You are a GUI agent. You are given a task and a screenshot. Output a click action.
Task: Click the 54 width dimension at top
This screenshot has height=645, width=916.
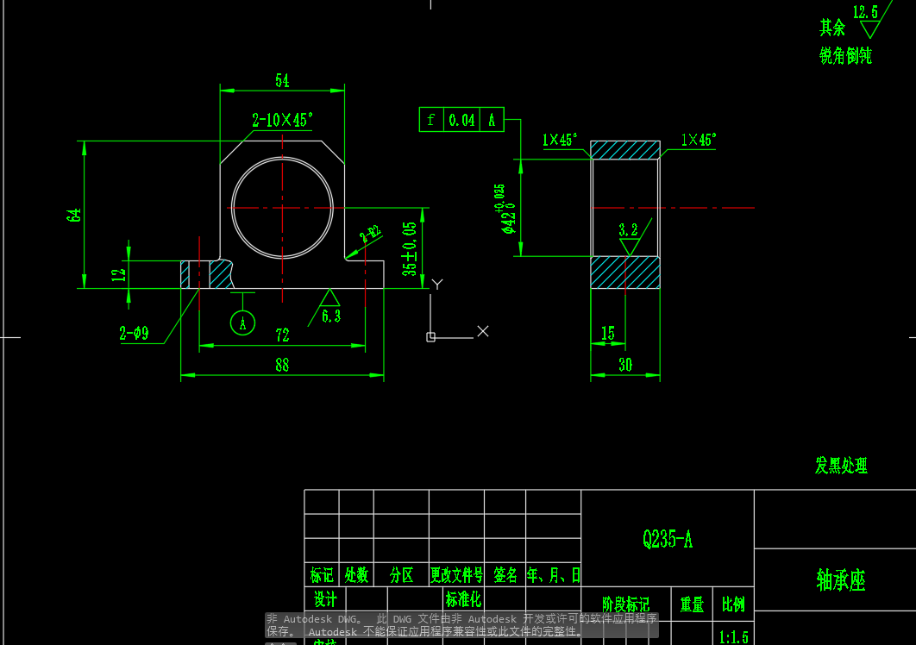(282, 81)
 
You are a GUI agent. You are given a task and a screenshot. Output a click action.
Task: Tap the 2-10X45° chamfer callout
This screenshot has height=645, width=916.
(282, 121)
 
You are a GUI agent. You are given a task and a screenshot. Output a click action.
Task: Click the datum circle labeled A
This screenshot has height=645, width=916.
(243, 323)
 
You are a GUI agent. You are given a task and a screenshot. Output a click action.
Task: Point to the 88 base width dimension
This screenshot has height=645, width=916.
(282, 366)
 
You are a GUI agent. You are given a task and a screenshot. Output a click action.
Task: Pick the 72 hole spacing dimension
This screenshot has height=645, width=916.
(282, 335)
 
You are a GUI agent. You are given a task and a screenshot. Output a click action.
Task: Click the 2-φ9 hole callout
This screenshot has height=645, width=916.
(134, 333)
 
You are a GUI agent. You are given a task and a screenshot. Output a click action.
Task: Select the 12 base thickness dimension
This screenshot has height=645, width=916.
(119, 274)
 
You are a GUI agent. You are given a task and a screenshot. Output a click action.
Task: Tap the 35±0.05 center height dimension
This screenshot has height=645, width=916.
(410, 248)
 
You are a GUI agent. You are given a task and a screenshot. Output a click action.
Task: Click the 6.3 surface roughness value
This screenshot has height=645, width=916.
(331, 316)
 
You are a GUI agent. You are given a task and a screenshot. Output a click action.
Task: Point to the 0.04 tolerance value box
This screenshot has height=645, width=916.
(462, 120)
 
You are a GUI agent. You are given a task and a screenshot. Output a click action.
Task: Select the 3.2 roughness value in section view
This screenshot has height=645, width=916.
(628, 229)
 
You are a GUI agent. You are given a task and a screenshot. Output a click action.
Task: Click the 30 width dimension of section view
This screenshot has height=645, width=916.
(625, 366)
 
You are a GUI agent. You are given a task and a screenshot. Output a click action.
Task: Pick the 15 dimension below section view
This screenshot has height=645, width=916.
(608, 333)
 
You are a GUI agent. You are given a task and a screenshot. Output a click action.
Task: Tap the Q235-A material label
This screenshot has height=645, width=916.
(668, 540)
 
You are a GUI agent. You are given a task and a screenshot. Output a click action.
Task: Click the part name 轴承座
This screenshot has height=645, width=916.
(840, 580)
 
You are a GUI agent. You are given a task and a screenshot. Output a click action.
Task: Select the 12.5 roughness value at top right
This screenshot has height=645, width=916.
(865, 12)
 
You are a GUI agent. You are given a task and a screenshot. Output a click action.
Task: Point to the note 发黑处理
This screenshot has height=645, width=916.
(841, 466)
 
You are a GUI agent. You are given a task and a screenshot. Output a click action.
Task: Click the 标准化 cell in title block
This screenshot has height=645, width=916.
(463, 598)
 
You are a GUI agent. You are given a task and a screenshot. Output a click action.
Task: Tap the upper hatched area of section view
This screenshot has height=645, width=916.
(625, 150)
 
